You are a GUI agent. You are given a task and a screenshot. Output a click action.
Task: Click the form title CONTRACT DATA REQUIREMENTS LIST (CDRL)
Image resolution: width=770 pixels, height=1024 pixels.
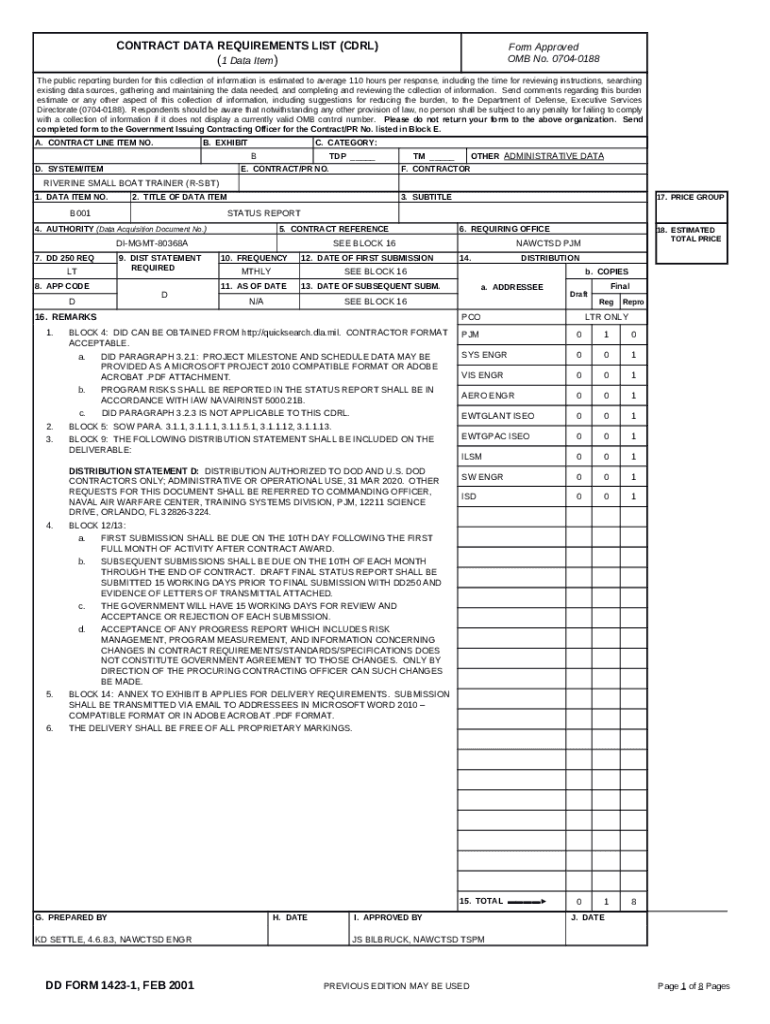[x=247, y=46]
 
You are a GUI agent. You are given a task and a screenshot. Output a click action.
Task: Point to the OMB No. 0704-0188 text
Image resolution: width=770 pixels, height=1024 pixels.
[x=543, y=59]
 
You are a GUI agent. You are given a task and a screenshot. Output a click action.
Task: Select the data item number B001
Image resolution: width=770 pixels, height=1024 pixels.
[x=80, y=213]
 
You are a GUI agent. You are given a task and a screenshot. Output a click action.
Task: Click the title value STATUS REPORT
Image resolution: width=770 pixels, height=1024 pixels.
[x=263, y=213]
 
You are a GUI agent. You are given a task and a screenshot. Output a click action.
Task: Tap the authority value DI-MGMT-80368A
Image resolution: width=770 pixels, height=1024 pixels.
[x=151, y=243]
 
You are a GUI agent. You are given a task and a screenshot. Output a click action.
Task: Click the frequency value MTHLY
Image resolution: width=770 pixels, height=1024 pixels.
[x=256, y=272]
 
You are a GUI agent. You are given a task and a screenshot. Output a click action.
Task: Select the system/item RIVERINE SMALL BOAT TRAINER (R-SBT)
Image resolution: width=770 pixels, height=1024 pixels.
[x=117, y=184]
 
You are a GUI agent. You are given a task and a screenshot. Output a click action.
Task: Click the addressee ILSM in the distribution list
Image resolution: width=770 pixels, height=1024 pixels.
[x=471, y=456]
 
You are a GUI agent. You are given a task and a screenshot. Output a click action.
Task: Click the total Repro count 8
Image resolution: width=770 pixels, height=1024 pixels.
[x=633, y=902]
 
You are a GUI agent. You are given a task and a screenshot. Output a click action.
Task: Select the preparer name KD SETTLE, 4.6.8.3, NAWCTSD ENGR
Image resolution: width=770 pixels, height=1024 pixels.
[x=113, y=939]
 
